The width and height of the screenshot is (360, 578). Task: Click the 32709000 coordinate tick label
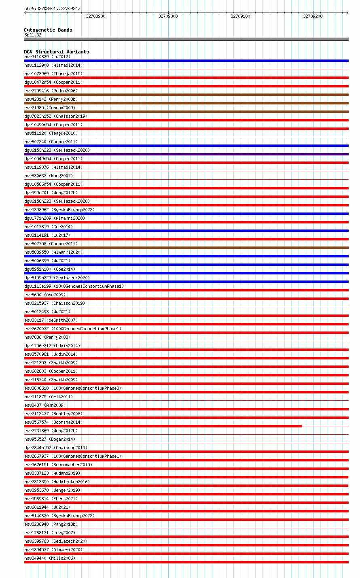click(x=168, y=16)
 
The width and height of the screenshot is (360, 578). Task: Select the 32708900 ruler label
click(x=95, y=16)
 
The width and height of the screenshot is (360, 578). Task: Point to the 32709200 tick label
click(x=313, y=16)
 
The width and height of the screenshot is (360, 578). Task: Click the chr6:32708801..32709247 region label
click(x=52, y=8)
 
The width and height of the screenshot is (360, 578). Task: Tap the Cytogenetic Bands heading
click(x=48, y=30)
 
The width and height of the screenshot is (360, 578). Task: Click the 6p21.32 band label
click(x=33, y=35)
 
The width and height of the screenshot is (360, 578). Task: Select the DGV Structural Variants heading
click(x=57, y=52)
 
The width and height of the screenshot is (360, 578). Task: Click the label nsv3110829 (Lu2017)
click(x=47, y=57)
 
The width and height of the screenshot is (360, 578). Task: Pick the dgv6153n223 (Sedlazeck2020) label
click(x=57, y=150)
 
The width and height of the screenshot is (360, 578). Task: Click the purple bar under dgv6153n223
click(x=186, y=154)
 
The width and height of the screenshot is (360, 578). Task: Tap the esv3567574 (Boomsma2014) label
click(x=53, y=422)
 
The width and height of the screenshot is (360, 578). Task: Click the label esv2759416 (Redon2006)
click(x=51, y=91)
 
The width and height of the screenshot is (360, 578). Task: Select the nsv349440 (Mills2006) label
click(x=50, y=558)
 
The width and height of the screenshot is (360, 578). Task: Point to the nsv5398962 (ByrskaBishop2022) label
click(x=59, y=210)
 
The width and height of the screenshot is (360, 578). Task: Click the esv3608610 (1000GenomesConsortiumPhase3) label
click(x=73, y=388)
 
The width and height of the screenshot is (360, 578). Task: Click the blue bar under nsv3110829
click(x=186, y=61)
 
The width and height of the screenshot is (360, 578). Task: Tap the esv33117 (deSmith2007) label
click(x=51, y=320)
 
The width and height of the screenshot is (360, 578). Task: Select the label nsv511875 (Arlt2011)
click(x=49, y=397)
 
